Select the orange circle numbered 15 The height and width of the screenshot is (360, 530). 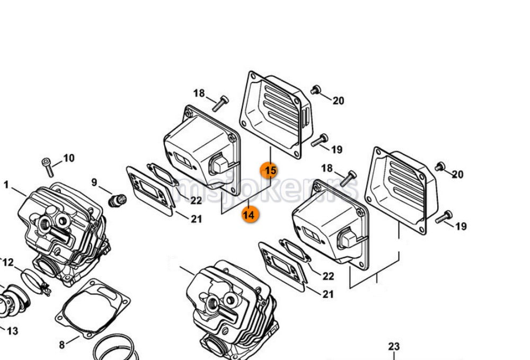(x=270, y=170)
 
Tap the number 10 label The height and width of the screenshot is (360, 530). (x=69, y=158)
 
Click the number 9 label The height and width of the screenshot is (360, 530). (x=94, y=182)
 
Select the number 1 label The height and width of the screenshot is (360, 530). (x=6, y=185)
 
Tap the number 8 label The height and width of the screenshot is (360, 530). (x=61, y=345)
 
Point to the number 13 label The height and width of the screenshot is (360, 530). (x=12, y=331)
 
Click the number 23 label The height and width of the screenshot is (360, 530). (x=393, y=347)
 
